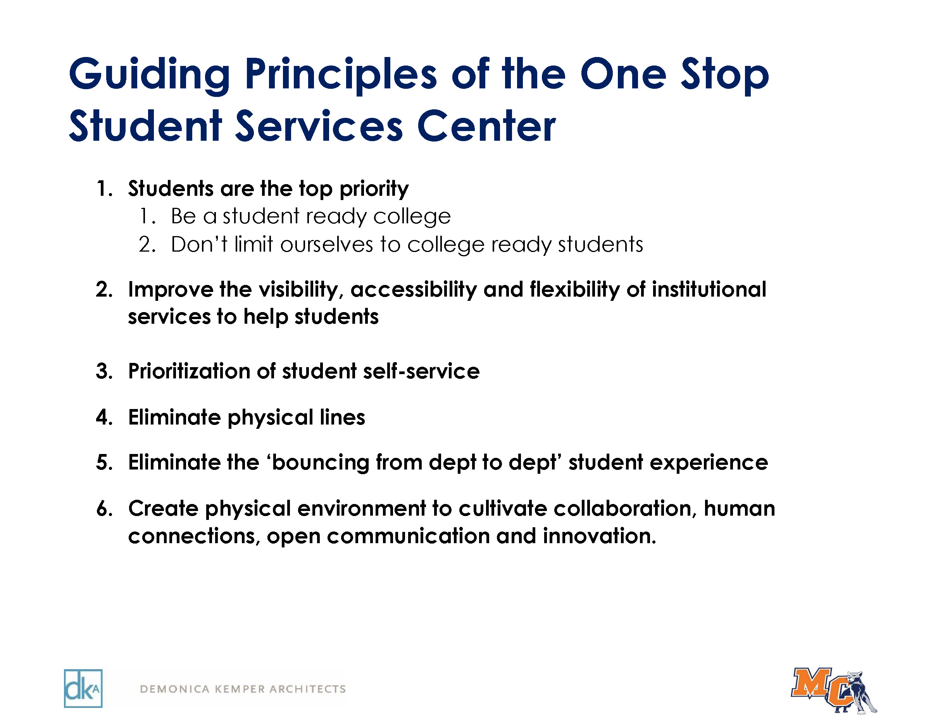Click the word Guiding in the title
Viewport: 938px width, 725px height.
point(150,76)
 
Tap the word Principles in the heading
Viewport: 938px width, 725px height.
point(341,76)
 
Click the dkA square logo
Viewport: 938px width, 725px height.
point(83,689)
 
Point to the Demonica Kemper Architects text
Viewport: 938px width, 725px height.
point(243,689)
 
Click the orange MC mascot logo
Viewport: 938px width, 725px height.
point(834,690)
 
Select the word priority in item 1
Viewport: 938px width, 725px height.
point(374,190)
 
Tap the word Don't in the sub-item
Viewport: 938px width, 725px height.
point(199,244)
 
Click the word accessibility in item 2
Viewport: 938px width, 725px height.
point(414,290)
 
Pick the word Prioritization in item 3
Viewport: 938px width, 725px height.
point(189,371)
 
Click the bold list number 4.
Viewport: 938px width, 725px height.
point(104,418)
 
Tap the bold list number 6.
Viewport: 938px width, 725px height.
point(104,509)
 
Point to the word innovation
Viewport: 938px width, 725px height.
point(600,536)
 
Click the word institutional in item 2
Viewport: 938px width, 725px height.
point(709,289)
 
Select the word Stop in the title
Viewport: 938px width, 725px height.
point(725,76)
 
